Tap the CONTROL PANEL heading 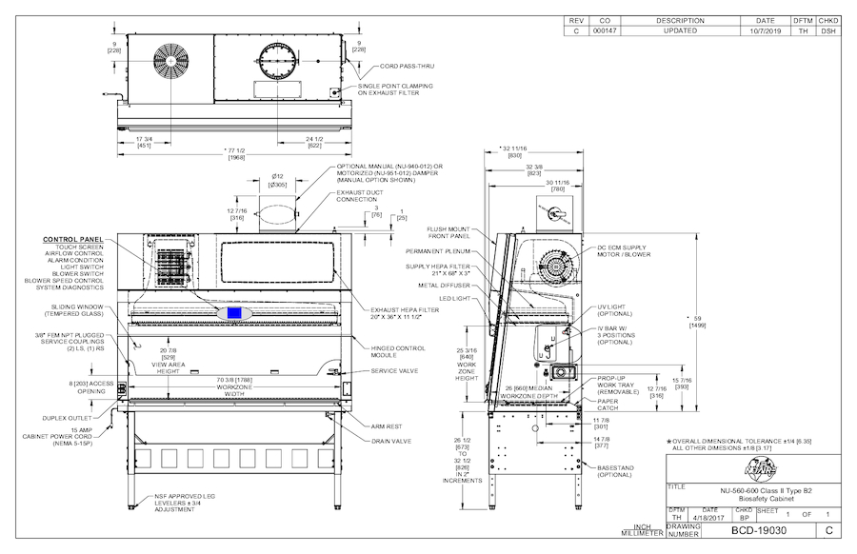click(71, 239)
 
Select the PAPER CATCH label click(609, 405)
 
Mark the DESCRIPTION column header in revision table click(680, 20)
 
